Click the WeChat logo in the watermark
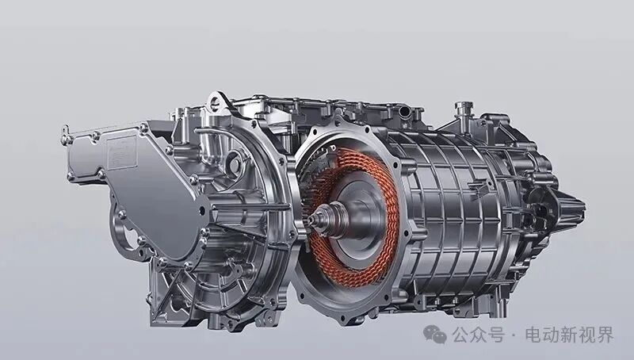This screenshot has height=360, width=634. tap(434, 335)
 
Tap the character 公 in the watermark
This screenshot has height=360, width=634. tap(461, 335)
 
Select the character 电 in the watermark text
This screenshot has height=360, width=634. tap(533, 335)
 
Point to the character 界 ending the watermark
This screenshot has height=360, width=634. tap(605, 335)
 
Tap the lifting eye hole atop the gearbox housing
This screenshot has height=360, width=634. tap(216, 102)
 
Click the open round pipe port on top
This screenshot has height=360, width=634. tap(403, 111)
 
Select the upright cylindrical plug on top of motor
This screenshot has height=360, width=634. tap(464, 109)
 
